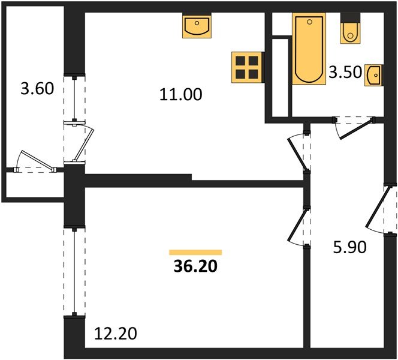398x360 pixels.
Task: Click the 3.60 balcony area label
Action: [x=37, y=89]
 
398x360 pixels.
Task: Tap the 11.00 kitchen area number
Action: [x=181, y=94]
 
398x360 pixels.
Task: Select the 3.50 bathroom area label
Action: [x=345, y=73]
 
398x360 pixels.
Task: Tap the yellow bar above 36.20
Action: [x=195, y=253]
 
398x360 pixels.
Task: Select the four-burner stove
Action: [x=248, y=67]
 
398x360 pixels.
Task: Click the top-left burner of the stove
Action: [x=241, y=60]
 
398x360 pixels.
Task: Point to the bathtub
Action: [x=308, y=49]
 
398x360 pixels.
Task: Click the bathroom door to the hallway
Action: [x=353, y=127]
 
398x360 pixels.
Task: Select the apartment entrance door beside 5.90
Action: [x=384, y=209]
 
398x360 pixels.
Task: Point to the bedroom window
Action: [x=73, y=270]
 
